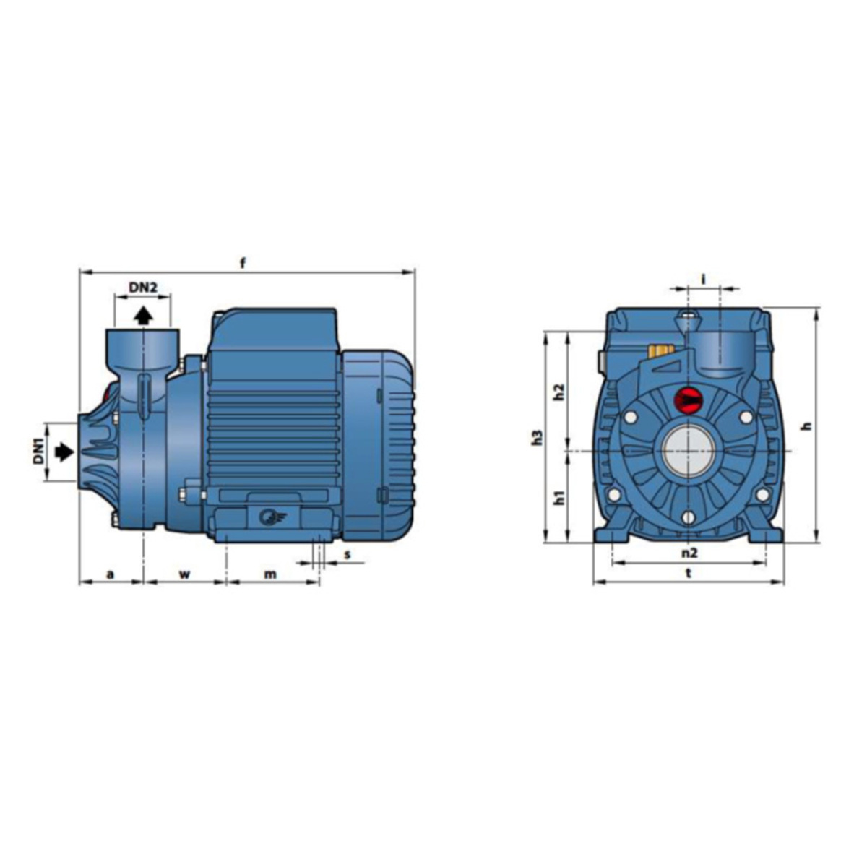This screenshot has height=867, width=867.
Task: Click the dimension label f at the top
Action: [243, 263]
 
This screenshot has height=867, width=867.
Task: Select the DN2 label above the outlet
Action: [143, 287]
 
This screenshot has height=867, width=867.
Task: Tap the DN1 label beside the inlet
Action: [39, 452]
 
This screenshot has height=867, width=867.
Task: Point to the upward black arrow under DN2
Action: [144, 316]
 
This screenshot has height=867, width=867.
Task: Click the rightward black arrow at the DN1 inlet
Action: [64, 452]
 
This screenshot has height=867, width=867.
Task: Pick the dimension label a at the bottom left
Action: [111, 574]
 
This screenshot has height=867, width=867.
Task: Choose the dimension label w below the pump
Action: [185, 574]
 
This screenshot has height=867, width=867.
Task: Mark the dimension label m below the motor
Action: [270, 574]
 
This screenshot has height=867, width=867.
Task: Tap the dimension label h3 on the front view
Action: [538, 438]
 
